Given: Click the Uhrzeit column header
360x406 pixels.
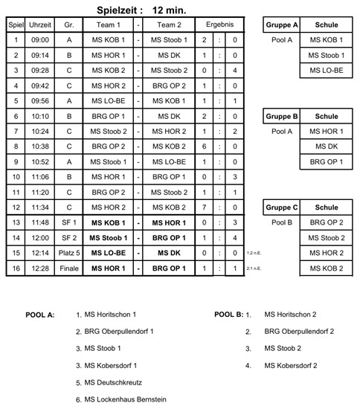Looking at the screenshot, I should (40, 25).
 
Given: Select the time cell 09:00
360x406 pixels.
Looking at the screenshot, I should (40, 39).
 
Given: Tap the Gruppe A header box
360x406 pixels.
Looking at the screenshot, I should (281, 25).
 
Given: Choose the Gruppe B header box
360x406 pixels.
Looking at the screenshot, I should (281, 116).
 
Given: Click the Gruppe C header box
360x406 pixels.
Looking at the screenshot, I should (281, 207).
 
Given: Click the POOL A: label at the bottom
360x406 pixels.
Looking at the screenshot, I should (40, 315).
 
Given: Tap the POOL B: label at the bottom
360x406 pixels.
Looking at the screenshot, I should (228, 315).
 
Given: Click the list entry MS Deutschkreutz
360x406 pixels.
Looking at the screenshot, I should (115, 382).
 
